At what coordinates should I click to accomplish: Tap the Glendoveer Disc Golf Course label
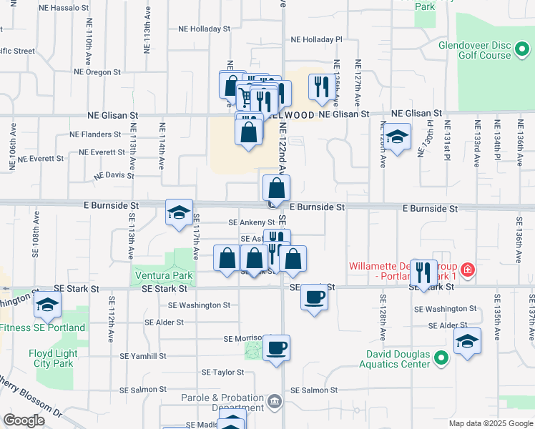click(x=475, y=49)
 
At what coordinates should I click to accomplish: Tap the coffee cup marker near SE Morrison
click(x=276, y=348)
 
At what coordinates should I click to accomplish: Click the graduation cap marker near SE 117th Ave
click(x=179, y=212)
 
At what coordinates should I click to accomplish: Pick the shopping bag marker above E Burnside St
click(x=276, y=189)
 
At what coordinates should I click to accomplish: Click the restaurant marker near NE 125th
click(x=320, y=87)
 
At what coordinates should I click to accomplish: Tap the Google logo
click(x=24, y=420)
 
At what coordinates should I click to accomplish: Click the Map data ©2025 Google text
click(x=490, y=423)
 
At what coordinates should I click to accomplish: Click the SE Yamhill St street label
click(x=143, y=355)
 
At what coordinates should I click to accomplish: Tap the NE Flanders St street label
click(x=95, y=134)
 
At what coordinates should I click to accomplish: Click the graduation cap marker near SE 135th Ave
click(x=467, y=341)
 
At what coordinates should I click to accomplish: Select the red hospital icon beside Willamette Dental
click(x=467, y=270)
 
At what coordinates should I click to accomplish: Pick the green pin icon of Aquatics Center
click(x=443, y=358)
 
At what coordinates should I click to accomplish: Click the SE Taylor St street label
click(x=223, y=373)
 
